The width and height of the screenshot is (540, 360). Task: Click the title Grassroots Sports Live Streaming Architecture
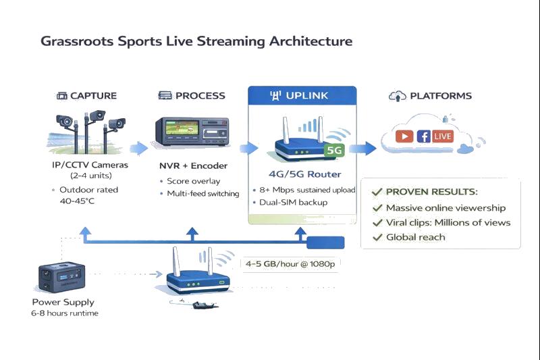click(x=196, y=41)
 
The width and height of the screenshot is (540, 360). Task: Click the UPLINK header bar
click(x=302, y=96)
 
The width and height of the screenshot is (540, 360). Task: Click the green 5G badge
click(x=334, y=151)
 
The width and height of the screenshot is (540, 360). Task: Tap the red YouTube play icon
click(x=404, y=136)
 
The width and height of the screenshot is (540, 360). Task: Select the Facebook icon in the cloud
click(x=424, y=136)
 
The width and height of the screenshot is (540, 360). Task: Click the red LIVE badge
click(x=443, y=136)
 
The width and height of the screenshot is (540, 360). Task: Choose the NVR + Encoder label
click(x=193, y=165)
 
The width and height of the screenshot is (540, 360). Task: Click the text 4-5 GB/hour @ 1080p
click(x=291, y=263)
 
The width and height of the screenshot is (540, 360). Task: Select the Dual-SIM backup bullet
click(x=294, y=202)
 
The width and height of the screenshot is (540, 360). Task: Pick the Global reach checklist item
click(x=415, y=237)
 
